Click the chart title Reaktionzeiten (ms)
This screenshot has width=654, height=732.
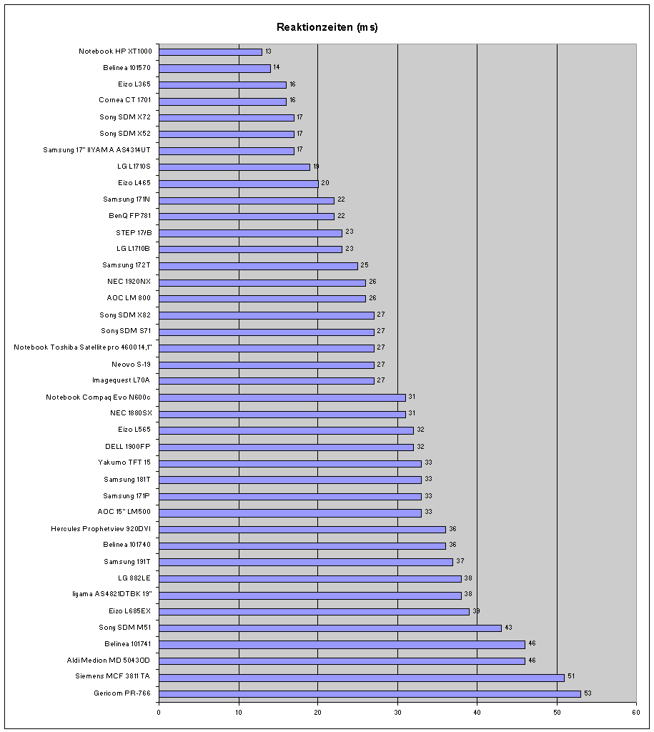pyautogui.click(x=327, y=28)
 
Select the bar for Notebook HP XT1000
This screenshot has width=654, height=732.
pyautogui.click(x=210, y=51)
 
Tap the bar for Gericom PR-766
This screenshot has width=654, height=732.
pyautogui.click(x=370, y=693)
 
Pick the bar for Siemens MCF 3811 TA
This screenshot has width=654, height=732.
pyautogui.click(x=362, y=676)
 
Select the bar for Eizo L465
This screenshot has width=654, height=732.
pyautogui.click(x=238, y=183)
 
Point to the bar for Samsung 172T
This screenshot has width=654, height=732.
pyautogui.click(x=258, y=265)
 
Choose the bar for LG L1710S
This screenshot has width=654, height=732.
pyautogui.click(x=234, y=167)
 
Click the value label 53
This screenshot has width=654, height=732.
pyautogui.click(x=588, y=693)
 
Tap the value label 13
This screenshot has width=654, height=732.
pyautogui.click(x=268, y=51)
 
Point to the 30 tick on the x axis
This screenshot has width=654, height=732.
pyautogui.click(x=397, y=711)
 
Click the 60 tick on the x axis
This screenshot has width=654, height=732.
pyautogui.click(x=635, y=711)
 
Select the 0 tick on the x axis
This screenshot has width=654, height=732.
pyautogui.click(x=159, y=711)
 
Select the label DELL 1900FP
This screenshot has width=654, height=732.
pyautogui.click(x=128, y=447)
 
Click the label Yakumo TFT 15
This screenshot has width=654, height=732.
pyautogui.click(x=124, y=463)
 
